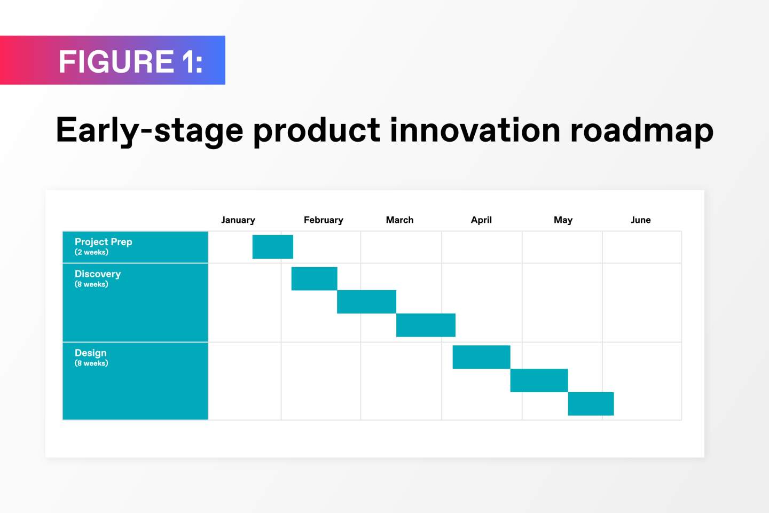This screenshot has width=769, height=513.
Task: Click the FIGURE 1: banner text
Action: (131, 61)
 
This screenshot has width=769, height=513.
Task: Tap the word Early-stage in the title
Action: (150, 132)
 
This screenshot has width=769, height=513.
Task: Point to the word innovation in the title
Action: (475, 130)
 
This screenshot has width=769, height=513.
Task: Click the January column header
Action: (238, 220)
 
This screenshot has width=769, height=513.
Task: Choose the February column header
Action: (324, 220)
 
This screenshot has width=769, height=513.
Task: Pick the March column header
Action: (399, 220)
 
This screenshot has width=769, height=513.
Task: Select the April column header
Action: (481, 220)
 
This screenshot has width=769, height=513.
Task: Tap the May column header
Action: (563, 220)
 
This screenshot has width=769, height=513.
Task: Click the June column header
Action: (641, 220)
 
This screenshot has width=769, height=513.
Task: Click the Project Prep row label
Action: (104, 242)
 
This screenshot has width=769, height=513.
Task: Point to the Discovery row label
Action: (98, 274)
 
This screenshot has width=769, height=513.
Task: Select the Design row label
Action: (91, 353)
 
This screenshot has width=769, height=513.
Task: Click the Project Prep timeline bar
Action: (272, 247)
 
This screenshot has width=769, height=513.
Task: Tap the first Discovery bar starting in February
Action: (314, 278)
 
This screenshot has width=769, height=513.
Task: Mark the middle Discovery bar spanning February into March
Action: (367, 302)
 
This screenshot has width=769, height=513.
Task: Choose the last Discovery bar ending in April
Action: (426, 325)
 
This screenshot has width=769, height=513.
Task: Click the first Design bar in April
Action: (481, 357)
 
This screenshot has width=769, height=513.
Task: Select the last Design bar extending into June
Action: (591, 404)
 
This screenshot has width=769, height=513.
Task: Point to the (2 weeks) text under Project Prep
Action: (91, 252)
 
